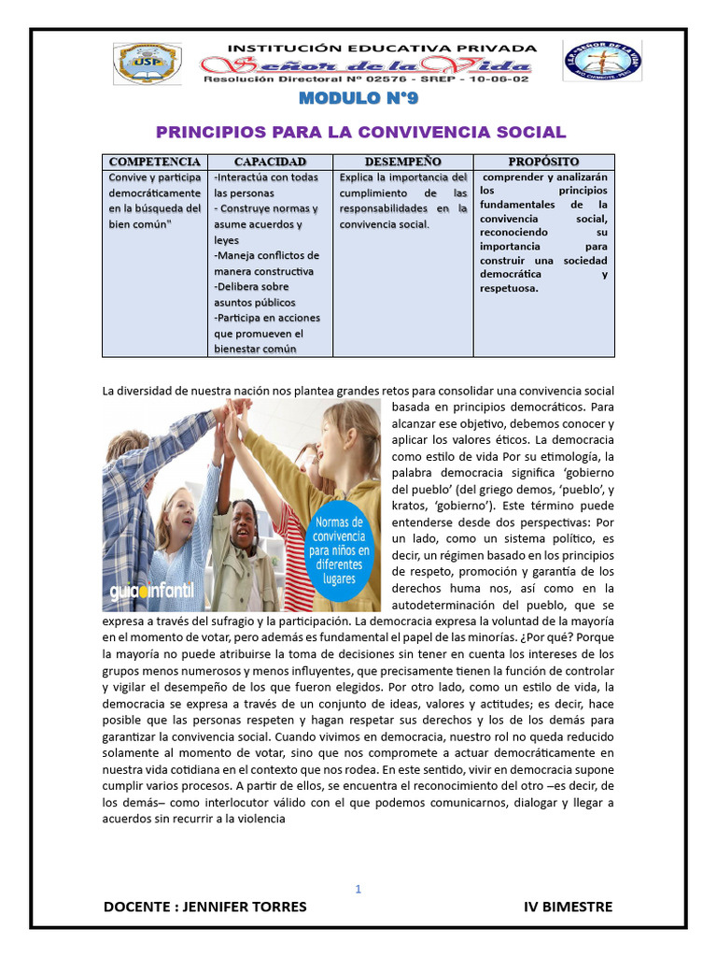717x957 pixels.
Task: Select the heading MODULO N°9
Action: [x=359, y=100]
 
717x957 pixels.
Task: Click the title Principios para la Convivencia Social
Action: [x=360, y=132]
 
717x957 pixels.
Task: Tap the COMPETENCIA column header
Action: [x=155, y=163]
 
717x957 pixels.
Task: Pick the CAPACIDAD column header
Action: [x=270, y=163]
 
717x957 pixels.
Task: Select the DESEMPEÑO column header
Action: [x=403, y=163]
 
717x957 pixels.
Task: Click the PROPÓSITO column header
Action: [x=543, y=163]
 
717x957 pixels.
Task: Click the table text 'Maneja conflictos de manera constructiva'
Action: [x=266, y=264]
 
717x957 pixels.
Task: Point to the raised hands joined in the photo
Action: [x=233, y=411]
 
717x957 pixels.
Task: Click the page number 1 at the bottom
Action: [x=358, y=889]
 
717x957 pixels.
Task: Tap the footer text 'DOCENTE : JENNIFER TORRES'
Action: [x=204, y=907]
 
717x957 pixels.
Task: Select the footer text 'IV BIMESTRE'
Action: [x=569, y=907]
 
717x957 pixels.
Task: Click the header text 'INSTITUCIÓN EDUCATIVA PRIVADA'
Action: [x=383, y=47]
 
